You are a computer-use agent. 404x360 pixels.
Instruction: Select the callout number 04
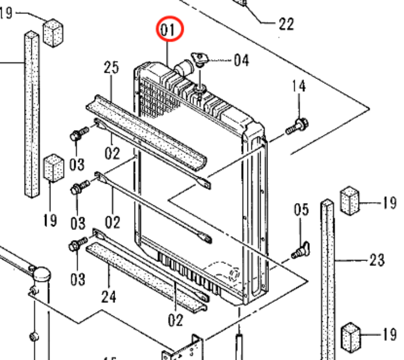click(x=242, y=60)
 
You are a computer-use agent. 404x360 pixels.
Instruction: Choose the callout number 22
click(x=286, y=24)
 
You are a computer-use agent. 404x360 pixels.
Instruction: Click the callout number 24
click(x=109, y=297)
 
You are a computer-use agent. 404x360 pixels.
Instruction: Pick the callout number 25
click(x=111, y=68)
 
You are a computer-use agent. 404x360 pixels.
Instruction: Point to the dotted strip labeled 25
click(x=146, y=132)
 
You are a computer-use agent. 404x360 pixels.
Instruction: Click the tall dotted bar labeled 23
click(x=328, y=277)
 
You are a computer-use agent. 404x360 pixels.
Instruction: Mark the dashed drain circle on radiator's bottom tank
click(x=234, y=274)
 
